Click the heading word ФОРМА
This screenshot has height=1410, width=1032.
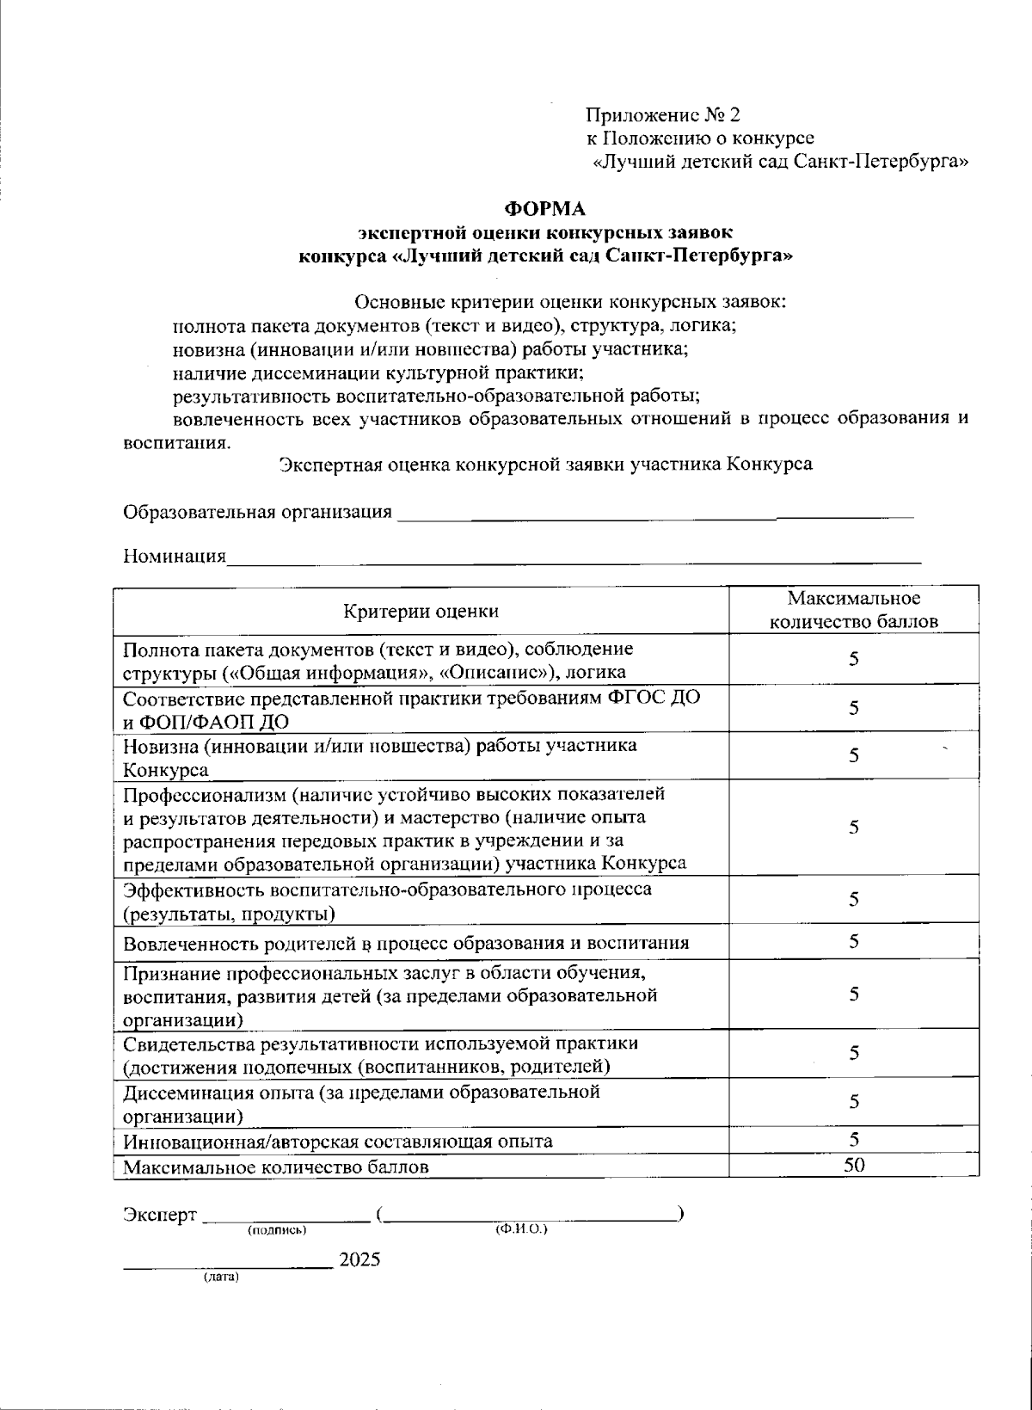tap(544, 208)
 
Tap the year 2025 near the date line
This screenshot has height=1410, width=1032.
tap(359, 1259)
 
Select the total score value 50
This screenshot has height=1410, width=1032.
tap(854, 1165)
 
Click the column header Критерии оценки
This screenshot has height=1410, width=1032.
tap(421, 611)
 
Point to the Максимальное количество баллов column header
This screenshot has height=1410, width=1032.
tap(854, 609)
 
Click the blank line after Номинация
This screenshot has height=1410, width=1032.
tap(574, 559)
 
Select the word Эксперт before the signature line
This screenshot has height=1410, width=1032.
tap(160, 1214)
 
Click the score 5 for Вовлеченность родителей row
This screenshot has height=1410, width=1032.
tap(854, 941)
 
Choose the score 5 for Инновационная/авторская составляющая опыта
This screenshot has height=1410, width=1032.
tap(854, 1140)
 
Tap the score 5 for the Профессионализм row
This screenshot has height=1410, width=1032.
tap(854, 827)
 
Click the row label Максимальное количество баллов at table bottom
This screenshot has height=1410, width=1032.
tap(276, 1167)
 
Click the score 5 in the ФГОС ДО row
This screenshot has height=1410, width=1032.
tap(854, 708)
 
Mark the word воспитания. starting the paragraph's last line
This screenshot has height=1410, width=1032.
tap(177, 444)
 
